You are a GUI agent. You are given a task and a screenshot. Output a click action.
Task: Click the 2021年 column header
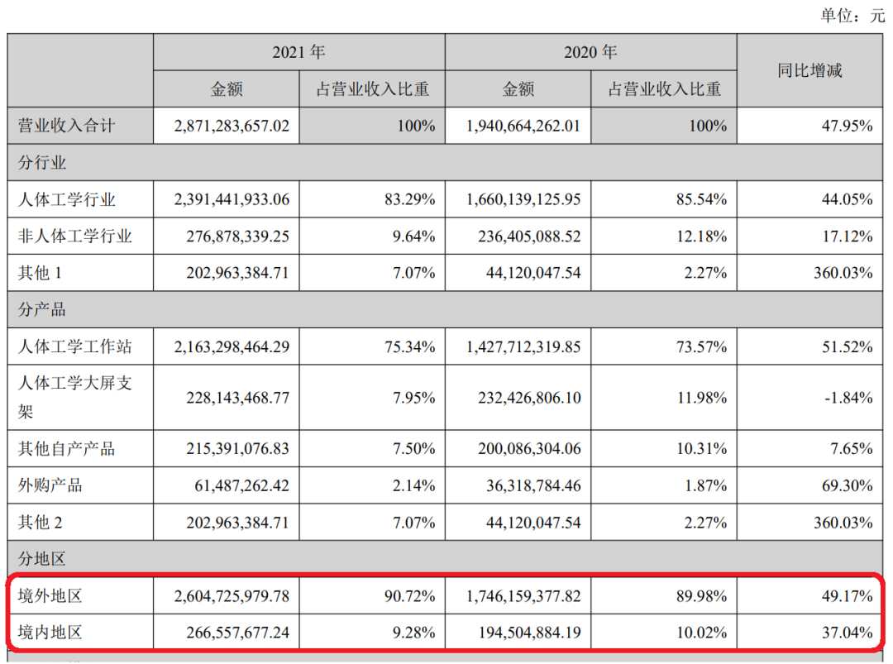(x=298, y=53)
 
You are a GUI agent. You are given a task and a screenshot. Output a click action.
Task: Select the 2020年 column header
(x=590, y=53)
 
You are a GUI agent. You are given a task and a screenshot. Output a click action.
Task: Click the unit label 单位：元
(x=852, y=16)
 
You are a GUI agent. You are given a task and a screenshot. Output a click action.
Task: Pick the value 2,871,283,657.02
(x=232, y=127)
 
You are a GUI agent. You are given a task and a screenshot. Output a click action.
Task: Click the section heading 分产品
(x=42, y=310)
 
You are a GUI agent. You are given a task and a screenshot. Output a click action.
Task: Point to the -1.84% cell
(x=848, y=398)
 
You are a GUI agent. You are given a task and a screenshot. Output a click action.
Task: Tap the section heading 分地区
(x=42, y=559)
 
